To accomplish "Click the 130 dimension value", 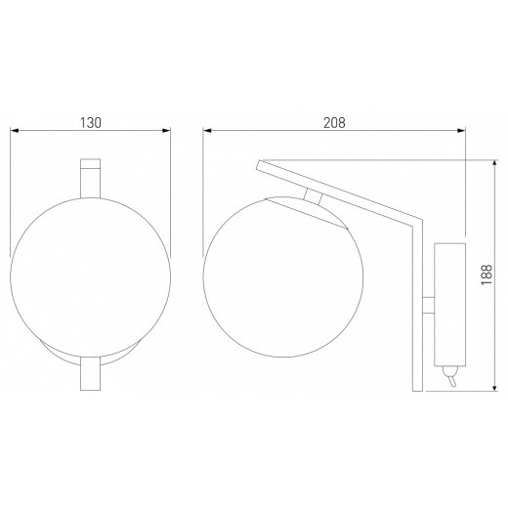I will pyautogui.click(x=90, y=123).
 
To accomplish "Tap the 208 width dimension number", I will pyautogui.click(x=334, y=123).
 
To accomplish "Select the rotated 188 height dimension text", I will pyautogui.click(x=487, y=276).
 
